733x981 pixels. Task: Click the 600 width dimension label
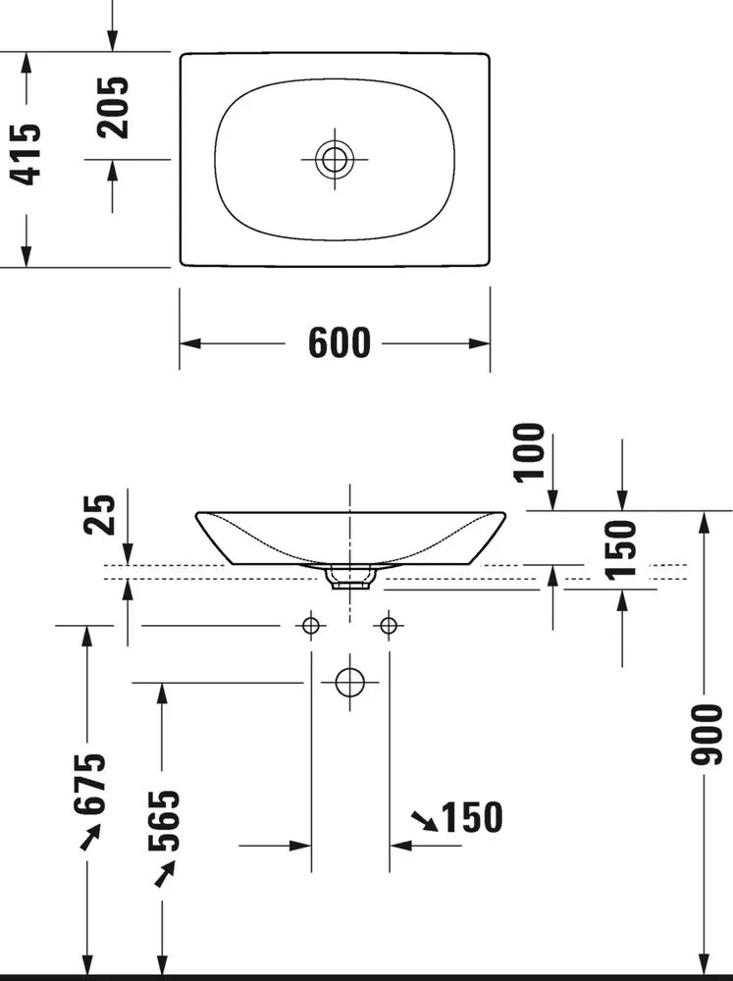tap(340, 342)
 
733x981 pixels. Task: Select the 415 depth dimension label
tap(26, 154)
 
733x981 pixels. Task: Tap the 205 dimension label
tap(113, 107)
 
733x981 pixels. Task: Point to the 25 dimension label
tap(99, 514)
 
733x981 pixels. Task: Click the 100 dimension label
tap(529, 451)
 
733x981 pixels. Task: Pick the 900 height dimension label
tap(707, 735)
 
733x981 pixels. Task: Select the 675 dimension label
tap(89, 784)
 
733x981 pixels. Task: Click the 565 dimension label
tap(163, 820)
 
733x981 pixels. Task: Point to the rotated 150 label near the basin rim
tap(621, 548)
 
